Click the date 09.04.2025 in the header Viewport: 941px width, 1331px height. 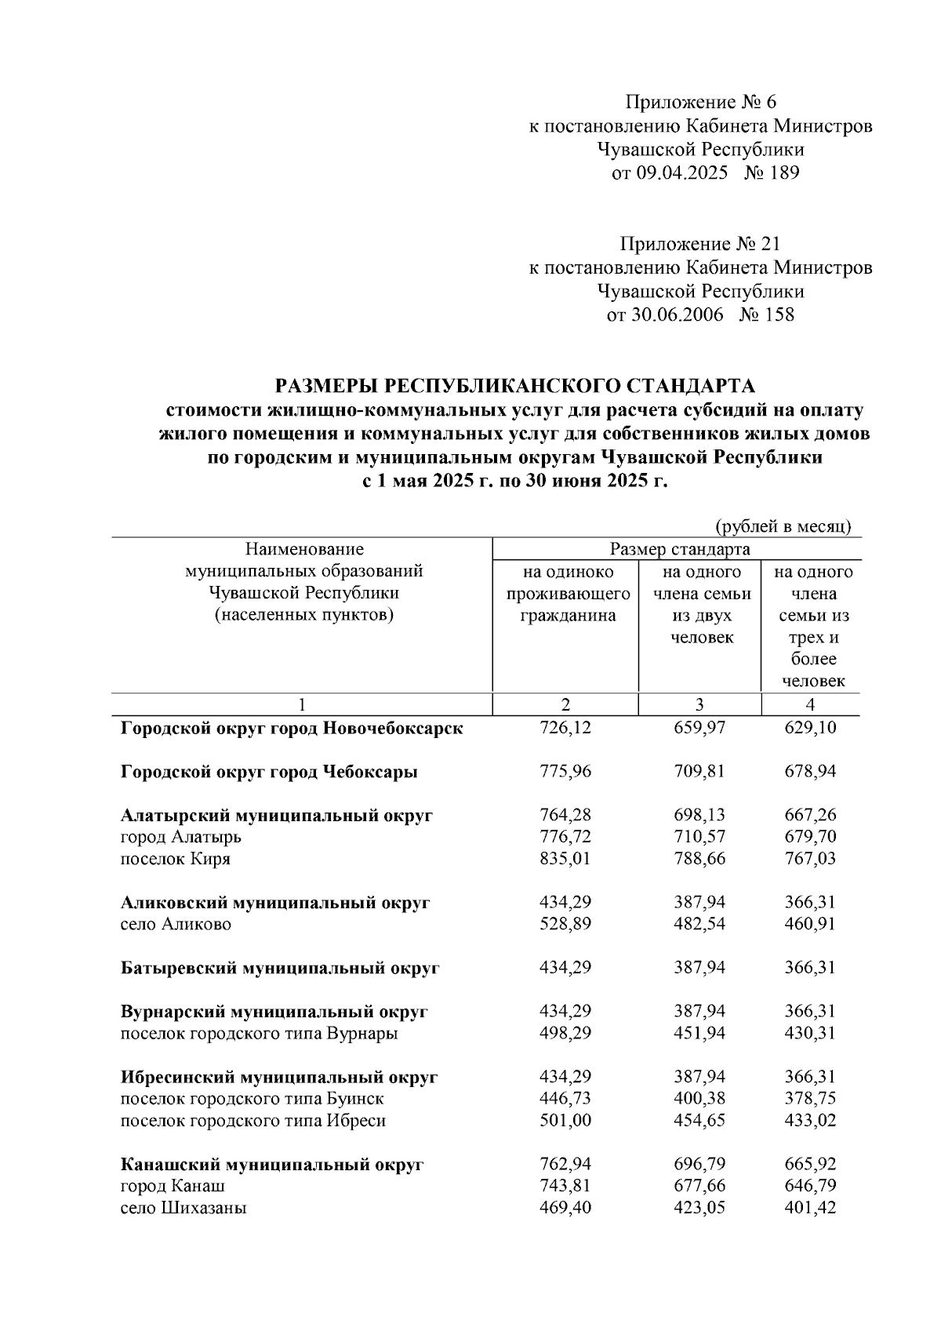[681, 173]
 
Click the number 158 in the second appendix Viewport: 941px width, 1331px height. [777, 315]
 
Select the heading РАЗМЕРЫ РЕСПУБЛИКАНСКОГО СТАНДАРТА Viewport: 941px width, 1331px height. [514, 386]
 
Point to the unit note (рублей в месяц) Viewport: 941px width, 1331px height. [783, 526]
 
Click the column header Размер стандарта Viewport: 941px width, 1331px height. [679, 549]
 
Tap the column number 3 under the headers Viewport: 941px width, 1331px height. [699, 704]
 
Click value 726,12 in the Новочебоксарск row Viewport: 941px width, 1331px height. [565, 728]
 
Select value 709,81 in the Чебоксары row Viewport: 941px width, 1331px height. [699, 772]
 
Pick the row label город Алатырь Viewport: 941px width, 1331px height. [181, 837]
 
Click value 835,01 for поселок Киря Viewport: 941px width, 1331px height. [565, 859]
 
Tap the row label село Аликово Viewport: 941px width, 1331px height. [176, 925]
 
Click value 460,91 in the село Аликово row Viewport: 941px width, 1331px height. [810, 925]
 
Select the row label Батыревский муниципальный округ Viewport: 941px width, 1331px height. [280, 969]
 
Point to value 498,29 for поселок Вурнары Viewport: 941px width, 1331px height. [565, 1034]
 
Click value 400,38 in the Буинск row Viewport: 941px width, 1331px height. [699, 1100]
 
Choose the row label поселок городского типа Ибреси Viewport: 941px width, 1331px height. [253, 1122]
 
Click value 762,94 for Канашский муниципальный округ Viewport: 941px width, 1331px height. [565, 1165]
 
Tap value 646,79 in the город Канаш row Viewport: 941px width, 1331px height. [810, 1187]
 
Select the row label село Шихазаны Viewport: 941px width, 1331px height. [183, 1209]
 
